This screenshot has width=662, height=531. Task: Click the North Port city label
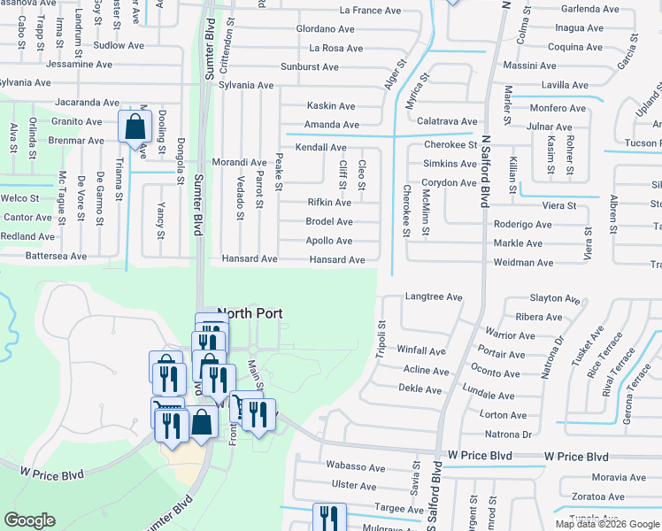tap(250, 312)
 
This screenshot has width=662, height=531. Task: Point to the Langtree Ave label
tap(434, 297)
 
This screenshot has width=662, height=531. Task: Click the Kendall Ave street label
tap(320, 147)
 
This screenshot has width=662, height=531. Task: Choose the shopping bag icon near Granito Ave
tap(135, 127)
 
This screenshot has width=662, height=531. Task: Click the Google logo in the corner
tap(29, 520)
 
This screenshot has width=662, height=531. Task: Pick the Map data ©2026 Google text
tap(607, 524)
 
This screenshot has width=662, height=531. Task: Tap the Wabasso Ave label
tap(356, 467)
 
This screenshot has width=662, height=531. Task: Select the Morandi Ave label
tap(239, 163)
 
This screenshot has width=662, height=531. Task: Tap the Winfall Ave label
tap(421, 351)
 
